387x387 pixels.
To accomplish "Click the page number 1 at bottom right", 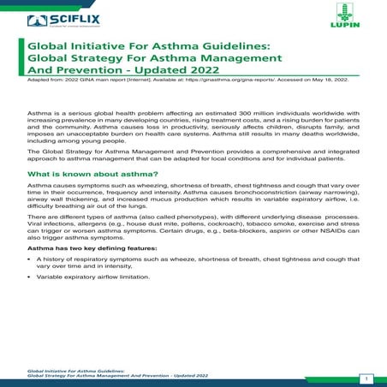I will point(366,378).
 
